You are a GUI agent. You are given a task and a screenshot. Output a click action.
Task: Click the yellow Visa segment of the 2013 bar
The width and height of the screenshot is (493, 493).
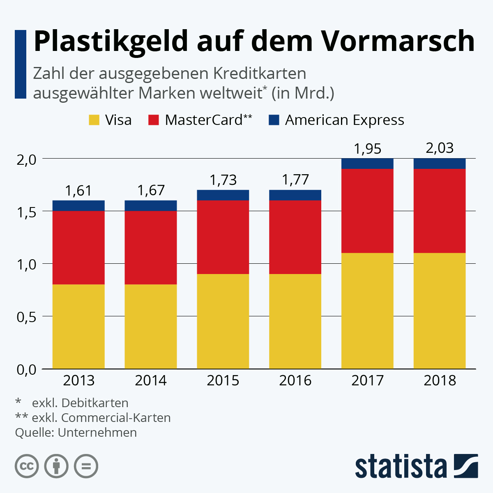pyautogui.click(x=78, y=327)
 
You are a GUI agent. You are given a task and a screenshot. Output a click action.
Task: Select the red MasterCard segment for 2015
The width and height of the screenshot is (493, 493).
pyautogui.click(x=223, y=237)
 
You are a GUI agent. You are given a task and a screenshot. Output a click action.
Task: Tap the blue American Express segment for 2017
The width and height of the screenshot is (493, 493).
pyautogui.click(x=367, y=164)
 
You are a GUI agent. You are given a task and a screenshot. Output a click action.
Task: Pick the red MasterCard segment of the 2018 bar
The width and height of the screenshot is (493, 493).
pyautogui.click(x=440, y=211)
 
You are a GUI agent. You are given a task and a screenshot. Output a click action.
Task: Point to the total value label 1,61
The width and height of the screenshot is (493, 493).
pyautogui.click(x=78, y=191)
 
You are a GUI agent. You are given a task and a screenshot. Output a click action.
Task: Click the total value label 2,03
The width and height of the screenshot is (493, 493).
pyautogui.click(x=440, y=148)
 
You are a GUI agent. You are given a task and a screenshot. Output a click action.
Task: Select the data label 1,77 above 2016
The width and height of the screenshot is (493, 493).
pyautogui.click(x=295, y=180)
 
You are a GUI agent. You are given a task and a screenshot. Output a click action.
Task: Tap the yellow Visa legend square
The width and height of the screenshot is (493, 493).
pyautogui.click(x=94, y=120)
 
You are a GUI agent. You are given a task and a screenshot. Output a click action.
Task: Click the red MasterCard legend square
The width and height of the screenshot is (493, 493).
pyautogui.click(x=154, y=120)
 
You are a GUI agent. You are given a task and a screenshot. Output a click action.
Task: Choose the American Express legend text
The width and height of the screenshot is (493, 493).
pyautogui.click(x=344, y=120)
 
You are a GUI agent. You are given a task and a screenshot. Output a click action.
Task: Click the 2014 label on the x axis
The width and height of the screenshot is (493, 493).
pyautogui.click(x=151, y=380)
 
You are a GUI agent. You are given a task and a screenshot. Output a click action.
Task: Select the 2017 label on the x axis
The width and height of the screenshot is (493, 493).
pyautogui.click(x=367, y=380)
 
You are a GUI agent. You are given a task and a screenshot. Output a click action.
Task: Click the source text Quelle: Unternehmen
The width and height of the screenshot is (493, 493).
pyautogui.click(x=76, y=433)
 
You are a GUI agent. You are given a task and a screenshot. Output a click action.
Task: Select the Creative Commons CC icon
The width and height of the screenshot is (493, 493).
pyautogui.click(x=27, y=466)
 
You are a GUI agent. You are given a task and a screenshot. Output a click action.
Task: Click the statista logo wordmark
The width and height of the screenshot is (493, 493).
pyautogui.click(x=401, y=466)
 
